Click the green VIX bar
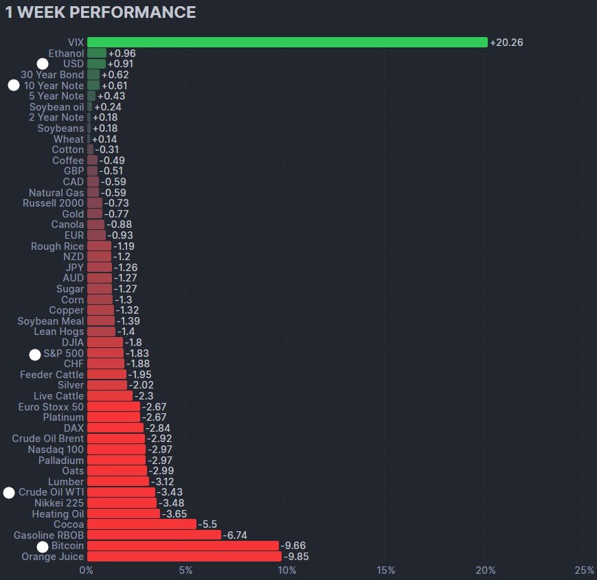pos(287,43)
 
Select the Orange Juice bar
pos(184,557)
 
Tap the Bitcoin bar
pos(183,546)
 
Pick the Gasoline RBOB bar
pos(154,535)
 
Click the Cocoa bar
pos(142,524)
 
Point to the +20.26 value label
pos(507,43)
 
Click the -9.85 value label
pos(296,557)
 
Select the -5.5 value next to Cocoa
pos(207,524)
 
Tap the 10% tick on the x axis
pos(286,571)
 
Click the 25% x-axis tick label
pos(585,571)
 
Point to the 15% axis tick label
pos(386,571)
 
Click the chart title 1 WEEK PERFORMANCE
pos(100,12)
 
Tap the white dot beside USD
pos(43,64)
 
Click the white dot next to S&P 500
pos(35,354)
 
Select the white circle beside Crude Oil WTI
pos(9,493)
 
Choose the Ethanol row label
pos(66,53)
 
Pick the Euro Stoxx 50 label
pos(52,406)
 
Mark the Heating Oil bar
pos(124,513)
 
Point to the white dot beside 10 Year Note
pos(14,86)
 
